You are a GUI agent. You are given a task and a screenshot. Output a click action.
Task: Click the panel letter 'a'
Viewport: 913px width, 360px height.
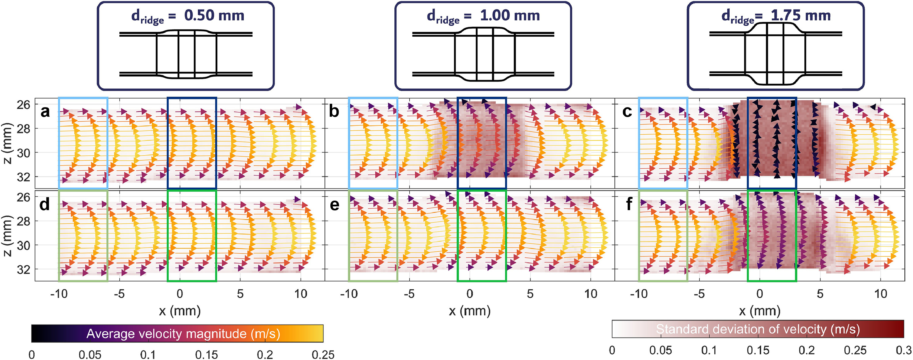coord(45,112)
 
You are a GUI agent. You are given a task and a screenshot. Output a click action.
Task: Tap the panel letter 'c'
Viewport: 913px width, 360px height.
coord(627,112)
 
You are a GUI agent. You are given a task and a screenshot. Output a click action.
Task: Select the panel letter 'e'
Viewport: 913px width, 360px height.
coord(334,205)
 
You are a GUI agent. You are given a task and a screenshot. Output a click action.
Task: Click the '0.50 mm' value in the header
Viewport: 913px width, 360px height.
coord(214,16)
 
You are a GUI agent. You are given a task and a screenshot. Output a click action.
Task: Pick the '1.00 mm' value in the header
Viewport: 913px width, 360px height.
coord(510,16)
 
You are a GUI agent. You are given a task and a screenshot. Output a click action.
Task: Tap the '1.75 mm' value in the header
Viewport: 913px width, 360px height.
coord(801,16)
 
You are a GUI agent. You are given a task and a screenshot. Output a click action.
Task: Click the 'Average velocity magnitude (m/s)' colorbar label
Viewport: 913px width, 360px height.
coord(183,334)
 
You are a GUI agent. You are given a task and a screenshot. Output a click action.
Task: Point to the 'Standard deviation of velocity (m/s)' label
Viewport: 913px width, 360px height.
coord(758,329)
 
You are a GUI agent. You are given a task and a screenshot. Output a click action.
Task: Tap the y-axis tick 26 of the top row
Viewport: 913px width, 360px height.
coord(23,105)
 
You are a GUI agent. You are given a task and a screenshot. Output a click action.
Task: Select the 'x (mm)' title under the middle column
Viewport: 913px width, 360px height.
coord(470,311)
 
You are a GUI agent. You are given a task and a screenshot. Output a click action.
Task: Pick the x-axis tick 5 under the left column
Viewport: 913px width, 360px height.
coord(240,294)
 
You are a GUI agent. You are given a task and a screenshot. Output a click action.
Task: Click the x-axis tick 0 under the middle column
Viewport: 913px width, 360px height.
coord(470,294)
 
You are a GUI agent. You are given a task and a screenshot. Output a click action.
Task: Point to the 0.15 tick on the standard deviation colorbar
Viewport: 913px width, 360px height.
coord(758,350)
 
